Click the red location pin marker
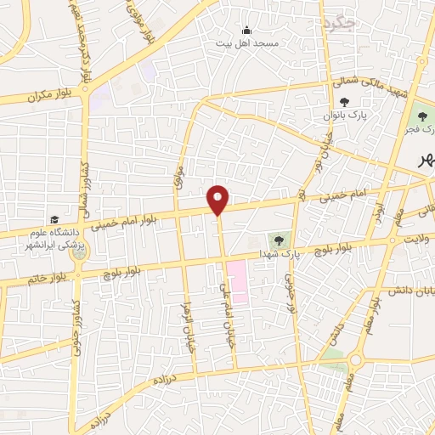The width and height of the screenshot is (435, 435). (x=218, y=200)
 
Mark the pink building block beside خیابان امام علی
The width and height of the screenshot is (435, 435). (x=238, y=284)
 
